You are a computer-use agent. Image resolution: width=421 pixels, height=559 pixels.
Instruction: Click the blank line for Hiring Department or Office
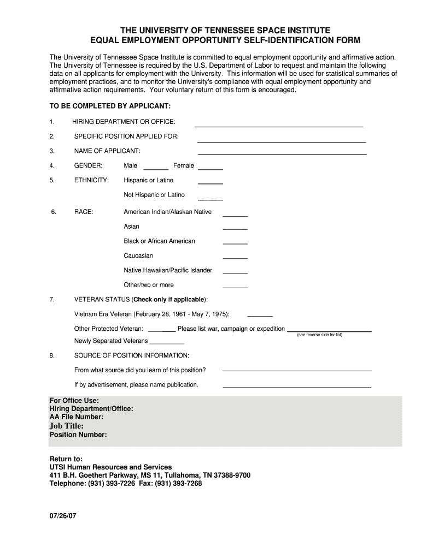point(279,124)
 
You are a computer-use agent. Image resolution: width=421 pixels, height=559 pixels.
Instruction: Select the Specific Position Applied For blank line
point(281,140)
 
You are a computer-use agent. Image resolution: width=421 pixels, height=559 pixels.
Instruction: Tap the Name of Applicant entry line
point(282,152)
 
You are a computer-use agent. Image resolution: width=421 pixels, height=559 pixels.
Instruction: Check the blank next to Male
point(156,167)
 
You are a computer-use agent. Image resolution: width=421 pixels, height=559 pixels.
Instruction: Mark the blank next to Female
point(210,167)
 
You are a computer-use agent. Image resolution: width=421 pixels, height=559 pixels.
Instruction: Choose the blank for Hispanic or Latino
point(210,182)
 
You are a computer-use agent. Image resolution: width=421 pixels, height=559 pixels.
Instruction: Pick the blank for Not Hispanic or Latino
point(210,198)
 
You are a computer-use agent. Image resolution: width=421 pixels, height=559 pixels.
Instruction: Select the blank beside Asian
point(235,228)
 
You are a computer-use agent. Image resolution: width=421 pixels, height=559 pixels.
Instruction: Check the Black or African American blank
point(235,243)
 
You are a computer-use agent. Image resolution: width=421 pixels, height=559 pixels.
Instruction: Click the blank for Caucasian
point(235,258)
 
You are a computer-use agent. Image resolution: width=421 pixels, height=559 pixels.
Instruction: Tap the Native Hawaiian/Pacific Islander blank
point(235,272)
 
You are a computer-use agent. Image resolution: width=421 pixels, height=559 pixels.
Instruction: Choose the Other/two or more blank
point(235,287)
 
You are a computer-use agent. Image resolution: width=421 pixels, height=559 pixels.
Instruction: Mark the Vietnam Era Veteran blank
point(260,315)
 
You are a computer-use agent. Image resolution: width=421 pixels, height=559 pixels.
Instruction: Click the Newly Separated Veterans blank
point(167,342)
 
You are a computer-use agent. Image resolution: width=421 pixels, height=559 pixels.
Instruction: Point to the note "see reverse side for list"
point(319,335)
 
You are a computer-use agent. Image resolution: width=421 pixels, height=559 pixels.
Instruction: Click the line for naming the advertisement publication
point(297,386)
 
